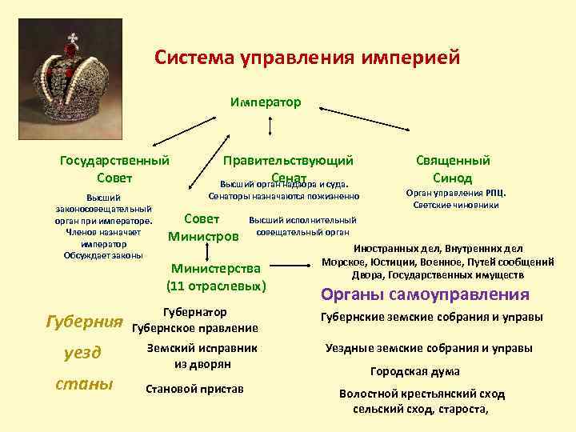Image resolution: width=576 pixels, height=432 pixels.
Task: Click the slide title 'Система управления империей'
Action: pyautogui.click(x=307, y=58)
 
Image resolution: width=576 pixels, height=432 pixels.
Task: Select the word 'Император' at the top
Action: pyautogui.click(x=265, y=102)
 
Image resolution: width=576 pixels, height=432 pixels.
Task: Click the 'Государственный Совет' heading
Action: pyautogui.click(x=114, y=169)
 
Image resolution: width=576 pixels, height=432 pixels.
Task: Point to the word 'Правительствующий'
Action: pyautogui.click(x=288, y=161)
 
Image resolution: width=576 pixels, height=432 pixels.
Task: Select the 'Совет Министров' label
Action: pyautogui.click(x=204, y=227)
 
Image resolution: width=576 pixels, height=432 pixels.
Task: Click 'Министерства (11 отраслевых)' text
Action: pyautogui.click(x=216, y=276)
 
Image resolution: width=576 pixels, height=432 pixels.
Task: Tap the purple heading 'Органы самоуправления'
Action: pyautogui.click(x=425, y=294)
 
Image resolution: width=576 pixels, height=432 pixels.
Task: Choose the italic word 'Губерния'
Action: pyautogui.click(x=86, y=322)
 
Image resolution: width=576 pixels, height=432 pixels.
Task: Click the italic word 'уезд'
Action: pyautogui.click(x=82, y=353)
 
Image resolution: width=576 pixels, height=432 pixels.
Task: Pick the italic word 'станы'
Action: pyautogui.click(x=83, y=385)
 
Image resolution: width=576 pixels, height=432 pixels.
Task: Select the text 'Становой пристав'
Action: pyautogui.click(x=195, y=389)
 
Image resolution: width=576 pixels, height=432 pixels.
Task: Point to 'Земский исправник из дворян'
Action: pyautogui.click(x=202, y=355)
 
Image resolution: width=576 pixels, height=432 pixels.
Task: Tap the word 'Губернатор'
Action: pyautogui.click(x=194, y=312)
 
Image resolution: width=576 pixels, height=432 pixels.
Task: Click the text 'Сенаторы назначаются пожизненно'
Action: pyautogui.click(x=283, y=196)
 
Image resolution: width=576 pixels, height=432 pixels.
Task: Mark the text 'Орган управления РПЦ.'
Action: pyautogui.click(x=455, y=193)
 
